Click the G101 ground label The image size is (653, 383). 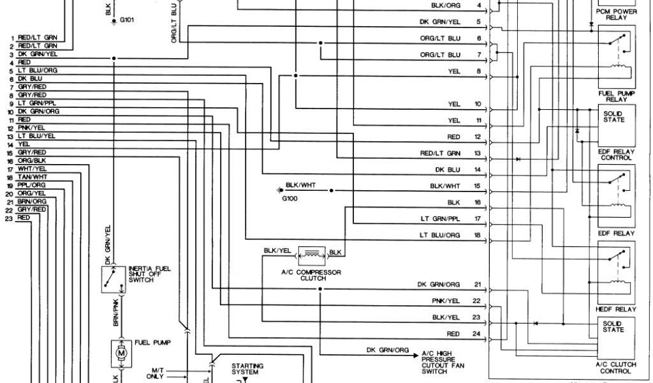click(126, 20)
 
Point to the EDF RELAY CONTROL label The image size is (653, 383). click(616, 154)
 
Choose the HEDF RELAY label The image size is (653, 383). click(616, 309)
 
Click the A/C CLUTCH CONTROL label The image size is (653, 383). click(616, 368)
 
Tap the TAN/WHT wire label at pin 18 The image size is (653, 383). click(33, 176)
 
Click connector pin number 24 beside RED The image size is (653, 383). click(477, 334)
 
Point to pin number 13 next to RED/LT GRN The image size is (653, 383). click(477, 153)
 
